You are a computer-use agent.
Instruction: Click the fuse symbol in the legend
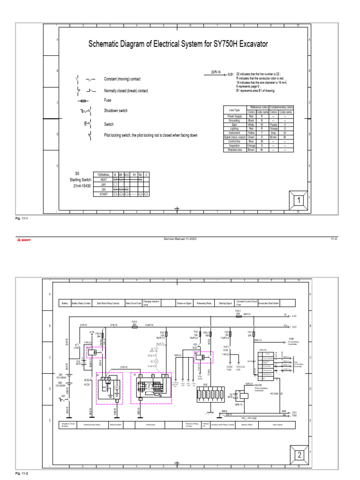pos(83,101)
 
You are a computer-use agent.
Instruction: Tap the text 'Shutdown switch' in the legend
pos(115,111)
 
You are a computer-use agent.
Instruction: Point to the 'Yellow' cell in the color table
pos(251,133)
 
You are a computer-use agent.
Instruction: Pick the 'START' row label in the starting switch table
pos(103,194)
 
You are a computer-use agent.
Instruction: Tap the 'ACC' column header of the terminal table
pos(127,174)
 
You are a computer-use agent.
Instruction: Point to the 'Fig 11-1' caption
pos(22,218)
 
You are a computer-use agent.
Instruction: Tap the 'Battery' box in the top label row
pos(65,303)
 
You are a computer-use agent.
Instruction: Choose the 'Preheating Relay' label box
pos(205,303)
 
